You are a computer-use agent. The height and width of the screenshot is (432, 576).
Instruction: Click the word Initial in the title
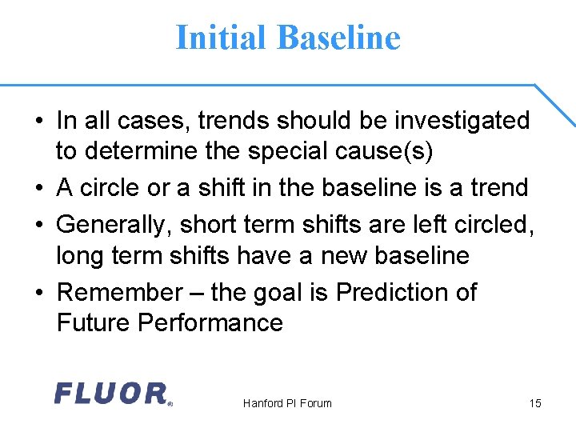coord(222,38)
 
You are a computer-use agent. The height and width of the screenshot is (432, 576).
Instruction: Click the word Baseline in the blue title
coord(338,38)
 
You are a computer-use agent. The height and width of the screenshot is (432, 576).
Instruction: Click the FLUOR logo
coord(112,394)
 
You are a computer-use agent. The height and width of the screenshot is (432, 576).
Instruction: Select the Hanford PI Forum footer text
coord(287,403)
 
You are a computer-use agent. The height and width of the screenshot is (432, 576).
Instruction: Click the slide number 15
coord(535,403)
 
